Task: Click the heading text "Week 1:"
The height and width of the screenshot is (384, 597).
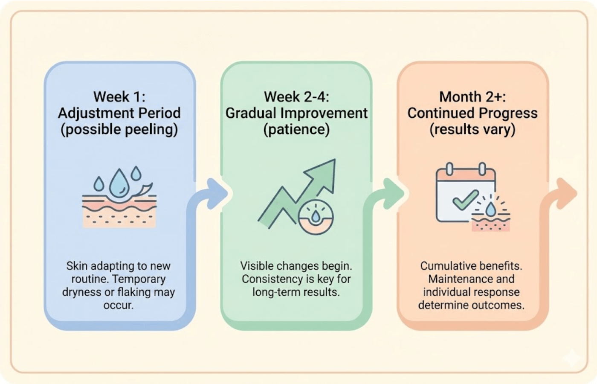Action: point(119,97)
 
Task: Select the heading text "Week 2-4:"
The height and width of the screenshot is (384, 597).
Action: point(296,97)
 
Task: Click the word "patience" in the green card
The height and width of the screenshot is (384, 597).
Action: point(296,129)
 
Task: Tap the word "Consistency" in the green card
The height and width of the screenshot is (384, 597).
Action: point(267,279)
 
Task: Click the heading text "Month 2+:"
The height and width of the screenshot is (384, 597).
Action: point(472,97)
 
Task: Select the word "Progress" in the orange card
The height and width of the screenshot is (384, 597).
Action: point(508,113)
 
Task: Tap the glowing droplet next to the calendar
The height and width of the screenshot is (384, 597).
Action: point(491,209)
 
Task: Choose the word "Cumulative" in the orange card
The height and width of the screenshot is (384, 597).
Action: point(446,266)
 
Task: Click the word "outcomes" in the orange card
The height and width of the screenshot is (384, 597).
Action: point(501,305)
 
